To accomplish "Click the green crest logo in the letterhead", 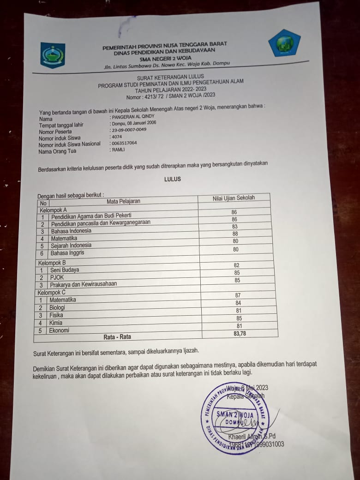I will coord(53,55).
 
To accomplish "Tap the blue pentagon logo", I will coord(284,43).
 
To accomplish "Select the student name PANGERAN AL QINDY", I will coord(132,116).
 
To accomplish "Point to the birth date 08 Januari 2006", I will coord(140,123).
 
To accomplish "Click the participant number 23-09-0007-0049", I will coord(129,130).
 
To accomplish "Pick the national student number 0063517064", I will coord(124,143).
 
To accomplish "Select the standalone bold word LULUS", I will coord(173,179).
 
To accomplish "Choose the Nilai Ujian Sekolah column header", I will coord(234,198).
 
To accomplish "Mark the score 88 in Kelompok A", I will coord(235,234).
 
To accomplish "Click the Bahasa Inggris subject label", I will coord(67,253).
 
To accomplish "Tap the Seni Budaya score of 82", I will coord(236,265).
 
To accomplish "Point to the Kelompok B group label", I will coord(52,263).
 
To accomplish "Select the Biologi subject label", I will coord(58,307).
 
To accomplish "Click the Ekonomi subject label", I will coord(60,330).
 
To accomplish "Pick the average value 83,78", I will coord(240,333).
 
